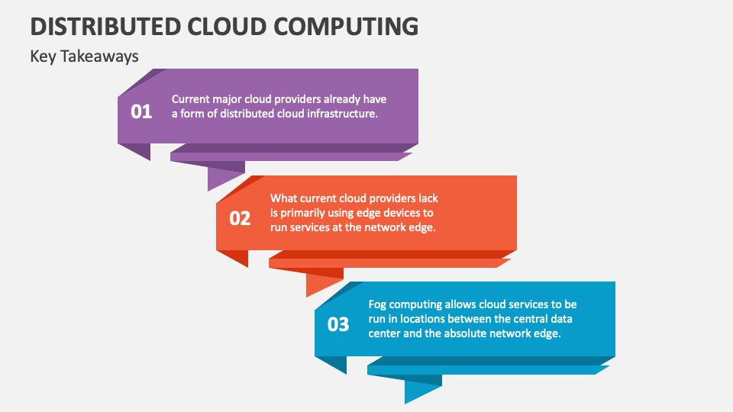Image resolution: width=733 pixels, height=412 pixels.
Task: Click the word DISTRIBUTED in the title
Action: (x=105, y=26)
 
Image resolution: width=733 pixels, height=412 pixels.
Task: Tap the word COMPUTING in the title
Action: (x=346, y=26)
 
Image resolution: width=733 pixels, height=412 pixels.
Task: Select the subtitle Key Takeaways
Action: (x=84, y=56)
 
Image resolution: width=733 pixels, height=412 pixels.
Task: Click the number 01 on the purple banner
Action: (x=141, y=111)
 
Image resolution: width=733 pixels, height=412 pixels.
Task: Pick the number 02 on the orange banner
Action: (x=240, y=218)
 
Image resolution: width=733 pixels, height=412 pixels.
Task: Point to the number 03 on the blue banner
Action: (x=338, y=324)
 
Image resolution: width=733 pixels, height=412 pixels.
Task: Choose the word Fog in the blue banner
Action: (x=377, y=304)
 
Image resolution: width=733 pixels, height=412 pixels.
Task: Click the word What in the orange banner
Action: (x=284, y=198)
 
